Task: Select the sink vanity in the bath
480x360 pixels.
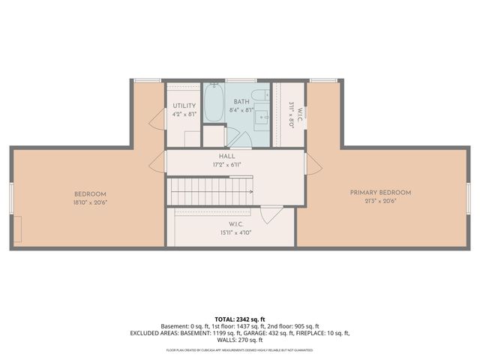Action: (262, 117)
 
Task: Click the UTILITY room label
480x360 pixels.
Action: (184, 106)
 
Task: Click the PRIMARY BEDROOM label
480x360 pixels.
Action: (380, 193)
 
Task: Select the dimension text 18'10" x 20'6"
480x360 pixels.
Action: (89, 203)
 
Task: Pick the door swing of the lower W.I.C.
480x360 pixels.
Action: (271, 216)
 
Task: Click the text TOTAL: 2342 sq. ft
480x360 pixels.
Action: (240, 319)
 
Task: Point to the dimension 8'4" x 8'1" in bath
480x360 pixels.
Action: (241, 109)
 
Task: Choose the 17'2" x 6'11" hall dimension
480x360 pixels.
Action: (226, 166)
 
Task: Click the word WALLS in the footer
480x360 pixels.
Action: (226, 340)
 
